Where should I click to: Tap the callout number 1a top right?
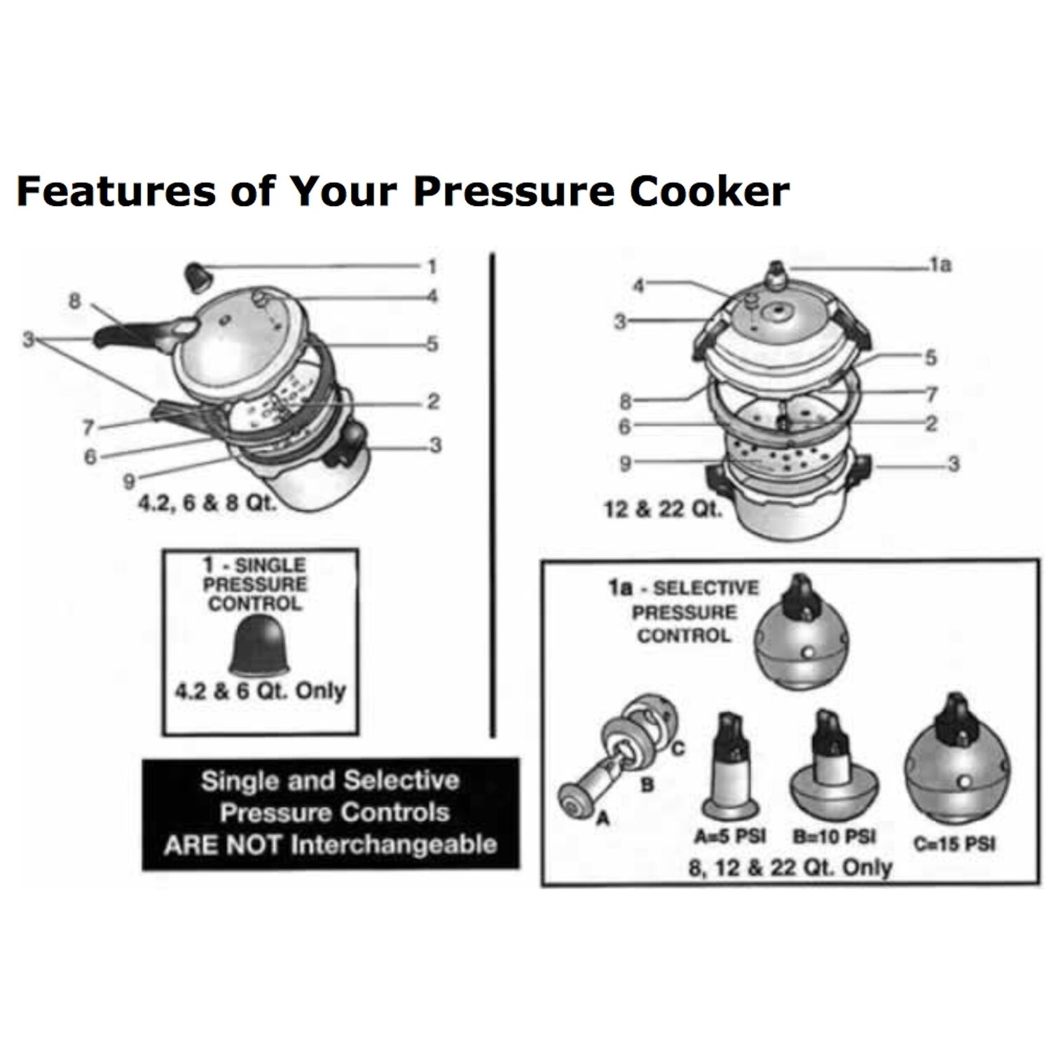pyautogui.click(x=940, y=264)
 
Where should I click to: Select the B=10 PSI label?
pyautogui.click(x=834, y=836)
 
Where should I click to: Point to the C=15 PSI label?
pyautogui.click(x=954, y=843)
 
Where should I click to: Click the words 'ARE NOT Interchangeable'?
pyautogui.click(x=330, y=844)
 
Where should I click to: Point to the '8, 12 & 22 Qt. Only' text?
pyautogui.click(x=790, y=867)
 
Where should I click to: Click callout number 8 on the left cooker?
pyautogui.click(x=74, y=301)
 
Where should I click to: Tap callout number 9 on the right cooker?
pyautogui.click(x=625, y=462)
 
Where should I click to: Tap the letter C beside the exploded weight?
pyautogui.click(x=678, y=749)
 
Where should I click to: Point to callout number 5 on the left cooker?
pyautogui.click(x=432, y=343)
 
